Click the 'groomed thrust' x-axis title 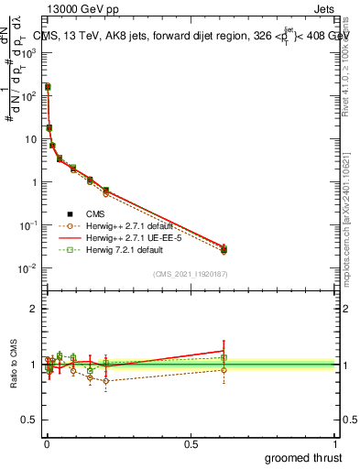[304, 455]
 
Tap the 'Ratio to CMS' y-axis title [12, 364]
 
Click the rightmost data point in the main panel [224, 248]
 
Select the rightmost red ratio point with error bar [224, 351]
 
